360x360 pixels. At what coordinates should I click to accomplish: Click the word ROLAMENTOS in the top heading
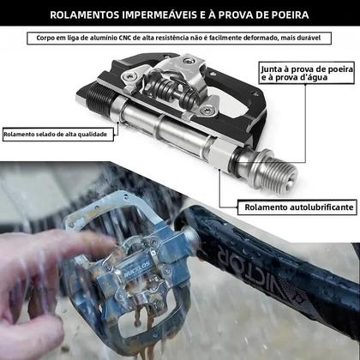click(x=87, y=15)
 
